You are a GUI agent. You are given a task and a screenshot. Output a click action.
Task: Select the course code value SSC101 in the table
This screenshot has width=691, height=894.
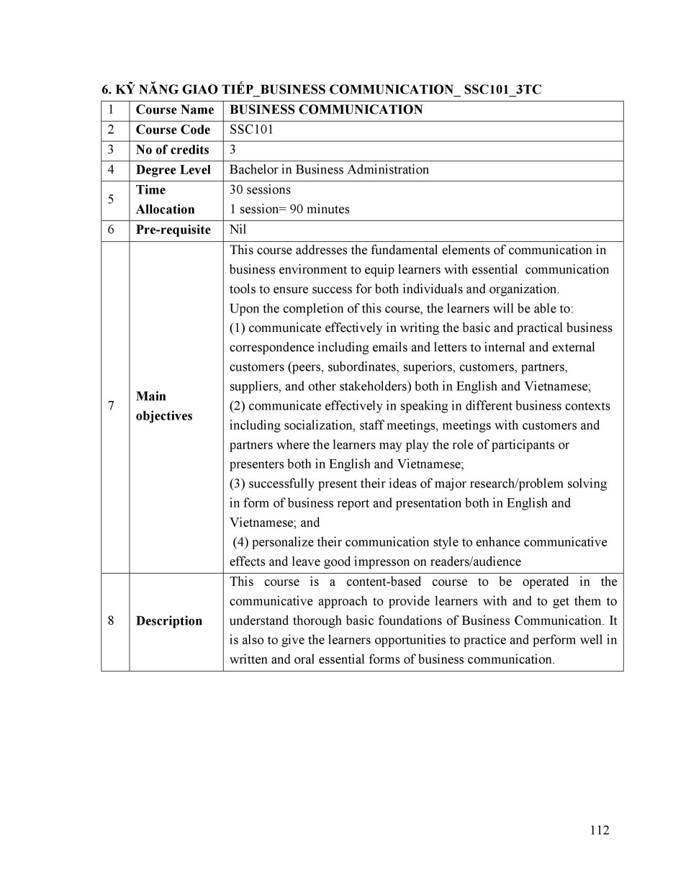pos(251,130)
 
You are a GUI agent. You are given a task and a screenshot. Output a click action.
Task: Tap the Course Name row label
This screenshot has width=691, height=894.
pos(175,109)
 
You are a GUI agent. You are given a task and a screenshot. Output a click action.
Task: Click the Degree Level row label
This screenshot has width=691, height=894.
pos(173,170)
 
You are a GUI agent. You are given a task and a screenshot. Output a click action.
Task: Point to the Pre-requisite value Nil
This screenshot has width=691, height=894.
pos(238,230)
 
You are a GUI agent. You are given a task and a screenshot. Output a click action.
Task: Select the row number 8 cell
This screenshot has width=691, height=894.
pos(111,620)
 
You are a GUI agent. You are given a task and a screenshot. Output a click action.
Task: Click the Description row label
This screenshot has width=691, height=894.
pos(169,620)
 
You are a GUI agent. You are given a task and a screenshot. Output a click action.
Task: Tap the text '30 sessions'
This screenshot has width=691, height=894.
pos(260,190)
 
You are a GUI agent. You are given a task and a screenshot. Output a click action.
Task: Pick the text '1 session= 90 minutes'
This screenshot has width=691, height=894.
pos(289,209)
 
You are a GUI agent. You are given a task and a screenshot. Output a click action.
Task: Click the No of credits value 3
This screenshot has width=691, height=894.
pos(232,150)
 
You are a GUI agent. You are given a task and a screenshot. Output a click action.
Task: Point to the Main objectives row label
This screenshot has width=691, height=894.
pos(163,406)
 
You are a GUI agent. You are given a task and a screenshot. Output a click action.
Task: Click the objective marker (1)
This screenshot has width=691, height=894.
pos(238,328)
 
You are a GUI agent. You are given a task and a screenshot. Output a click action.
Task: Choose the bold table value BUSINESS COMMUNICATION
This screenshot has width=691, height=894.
pos(326,109)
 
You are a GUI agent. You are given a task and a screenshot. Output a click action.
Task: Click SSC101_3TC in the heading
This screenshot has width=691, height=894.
pos(502,90)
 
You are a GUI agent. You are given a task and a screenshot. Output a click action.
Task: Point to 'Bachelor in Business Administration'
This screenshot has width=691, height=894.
pos(329,170)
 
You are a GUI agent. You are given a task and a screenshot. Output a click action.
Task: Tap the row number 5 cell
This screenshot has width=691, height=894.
pos(111,199)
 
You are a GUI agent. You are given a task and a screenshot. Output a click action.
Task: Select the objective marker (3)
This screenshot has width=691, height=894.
pos(238,484)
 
